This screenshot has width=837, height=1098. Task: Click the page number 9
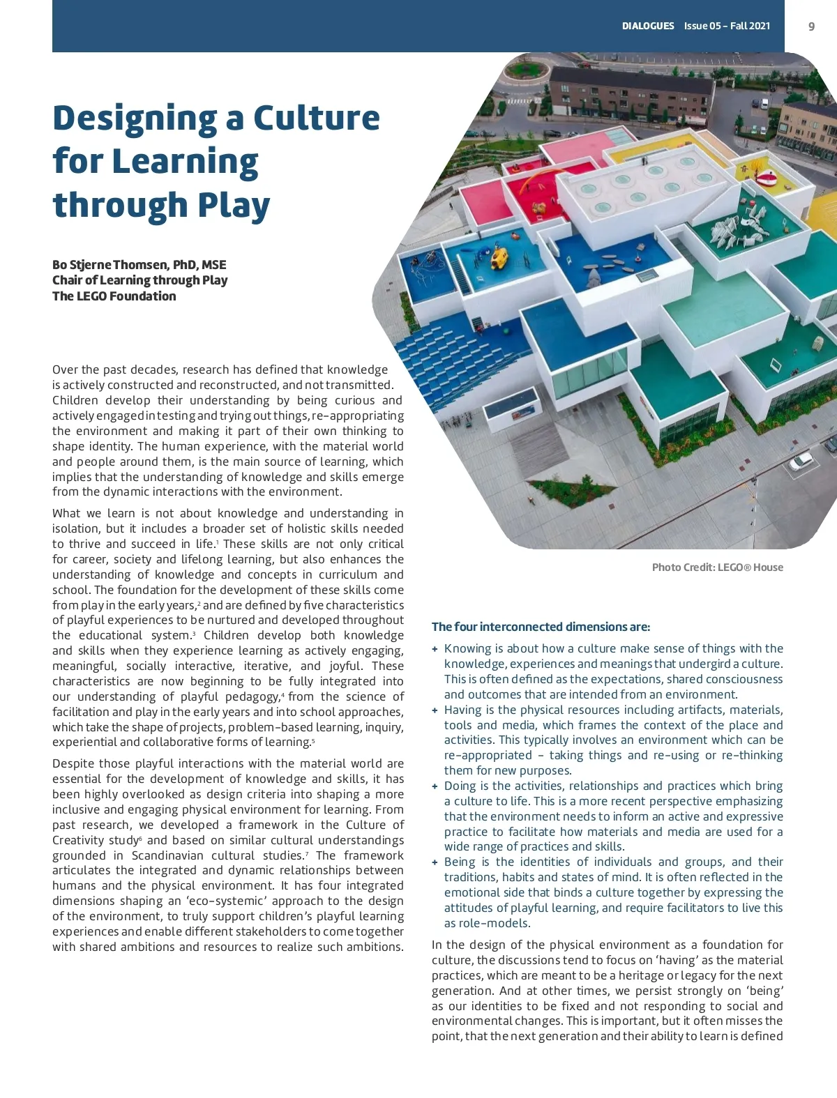pyautogui.click(x=811, y=26)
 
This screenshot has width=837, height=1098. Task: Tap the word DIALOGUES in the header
pyautogui.click(x=648, y=26)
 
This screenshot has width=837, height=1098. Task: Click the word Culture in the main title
pyautogui.click(x=317, y=118)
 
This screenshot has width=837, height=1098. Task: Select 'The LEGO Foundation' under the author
pyautogui.click(x=114, y=296)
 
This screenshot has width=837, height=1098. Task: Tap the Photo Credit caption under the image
pyautogui.click(x=717, y=567)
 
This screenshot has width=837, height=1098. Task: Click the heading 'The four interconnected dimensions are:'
pyautogui.click(x=541, y=627)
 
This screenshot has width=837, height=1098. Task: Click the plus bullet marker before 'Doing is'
pyautogui.click(x=435, y=786)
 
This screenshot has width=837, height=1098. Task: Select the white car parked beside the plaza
pyautogui.click(x=800, y=461)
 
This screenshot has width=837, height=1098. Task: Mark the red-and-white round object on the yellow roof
pyautogui.click(x=767, y=179)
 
